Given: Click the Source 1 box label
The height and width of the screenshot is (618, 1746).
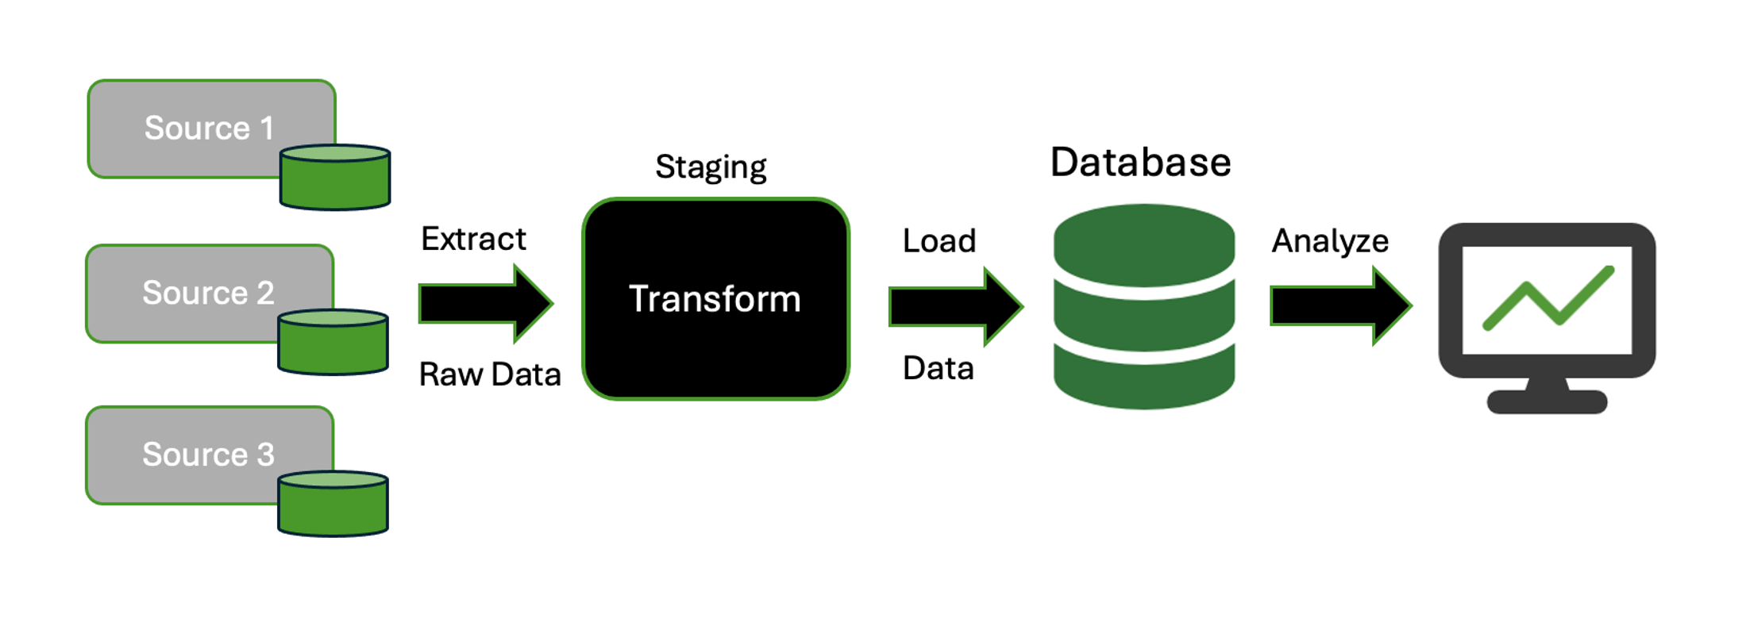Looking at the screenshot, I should (x=209, y=128).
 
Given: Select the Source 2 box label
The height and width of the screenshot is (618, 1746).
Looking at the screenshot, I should (x=208, y=293).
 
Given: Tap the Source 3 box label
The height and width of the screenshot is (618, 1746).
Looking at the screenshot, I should (x=208, y=455).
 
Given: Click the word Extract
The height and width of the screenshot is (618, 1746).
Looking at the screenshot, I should (x=473, y=239).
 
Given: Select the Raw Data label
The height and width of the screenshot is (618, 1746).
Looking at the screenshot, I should (x=490, y=374).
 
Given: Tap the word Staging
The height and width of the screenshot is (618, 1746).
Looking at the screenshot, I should (x=711, y=167).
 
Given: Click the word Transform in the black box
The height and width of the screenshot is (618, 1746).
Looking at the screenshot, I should (x=715, y=299).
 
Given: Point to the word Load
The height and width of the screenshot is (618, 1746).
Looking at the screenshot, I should (x=939, y=240).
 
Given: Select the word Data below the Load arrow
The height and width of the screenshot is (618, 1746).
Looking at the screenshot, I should (x=939, y=368).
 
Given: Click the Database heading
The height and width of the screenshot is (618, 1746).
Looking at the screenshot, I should (x=1140, y=163).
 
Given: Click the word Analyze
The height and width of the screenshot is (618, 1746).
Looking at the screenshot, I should (x=1330, y=240).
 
